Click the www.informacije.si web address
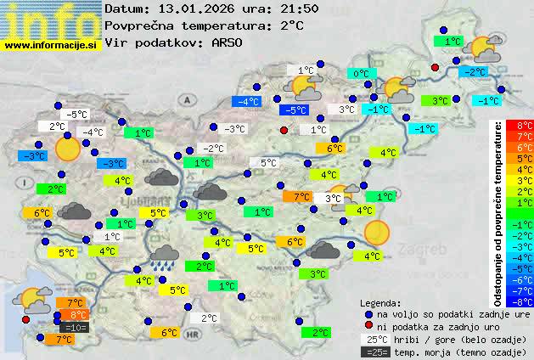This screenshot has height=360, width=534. (51, 44)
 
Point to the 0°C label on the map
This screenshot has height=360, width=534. (361, 74)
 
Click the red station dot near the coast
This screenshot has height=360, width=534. (25, 319)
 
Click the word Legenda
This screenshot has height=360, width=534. (380, 302)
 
